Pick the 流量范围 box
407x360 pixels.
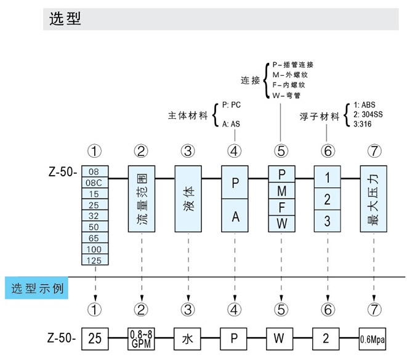coord(141,198)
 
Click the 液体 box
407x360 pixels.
coord(188,198)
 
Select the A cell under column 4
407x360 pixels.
coord(235,216)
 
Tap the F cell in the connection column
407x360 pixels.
coord(281,206)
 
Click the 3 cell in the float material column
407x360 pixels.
coord(328,220)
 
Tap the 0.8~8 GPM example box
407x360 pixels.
coord(141,338)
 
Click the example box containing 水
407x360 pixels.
coord(188,338)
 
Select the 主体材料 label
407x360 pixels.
coord(188,115)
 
